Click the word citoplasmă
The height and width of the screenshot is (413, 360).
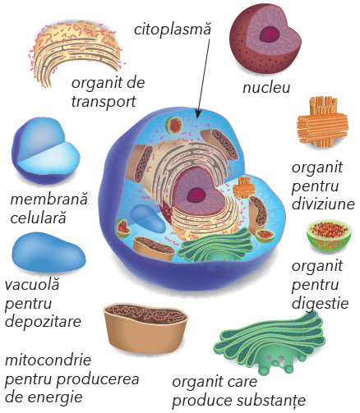tap(173, 29)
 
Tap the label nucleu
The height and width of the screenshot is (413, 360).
tap(266, 88)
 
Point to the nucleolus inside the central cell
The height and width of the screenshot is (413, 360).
tap(196, 195)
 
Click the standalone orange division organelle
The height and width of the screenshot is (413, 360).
tap(322, 123)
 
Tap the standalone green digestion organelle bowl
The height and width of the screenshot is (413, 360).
tap(329, 235)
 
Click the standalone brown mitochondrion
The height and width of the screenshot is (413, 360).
tap(145, 327)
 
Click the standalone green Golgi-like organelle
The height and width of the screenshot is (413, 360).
tap(270, 343)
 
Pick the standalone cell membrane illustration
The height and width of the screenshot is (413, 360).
tap(46, 151)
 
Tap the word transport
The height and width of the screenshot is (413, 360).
tap(104, 102)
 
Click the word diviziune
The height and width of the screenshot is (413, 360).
tap(323, 204)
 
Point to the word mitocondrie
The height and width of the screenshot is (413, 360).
tap(48, 360)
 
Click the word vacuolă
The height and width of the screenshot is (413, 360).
tap(32, 284)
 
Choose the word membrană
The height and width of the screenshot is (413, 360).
tap(48, 199)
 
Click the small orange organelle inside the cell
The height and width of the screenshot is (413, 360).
tap(243, 187)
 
